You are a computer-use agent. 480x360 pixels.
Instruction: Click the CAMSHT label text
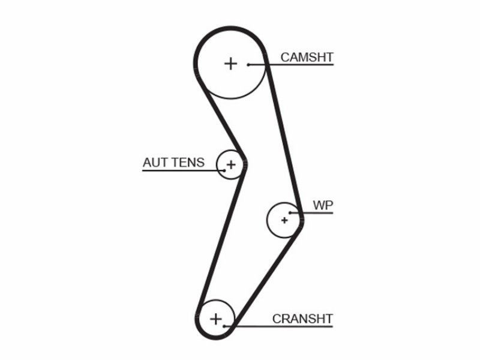[x=307, y=57]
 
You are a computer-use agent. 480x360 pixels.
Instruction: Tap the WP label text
[x=323, y=205]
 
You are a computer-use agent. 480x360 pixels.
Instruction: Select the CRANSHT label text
[x=302, y=319]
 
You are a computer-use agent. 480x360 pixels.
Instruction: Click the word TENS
[x=188, y=163]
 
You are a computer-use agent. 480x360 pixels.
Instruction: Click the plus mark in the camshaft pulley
[x=230, y=64]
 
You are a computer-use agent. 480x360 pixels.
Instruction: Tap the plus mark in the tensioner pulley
[x=231, y=164]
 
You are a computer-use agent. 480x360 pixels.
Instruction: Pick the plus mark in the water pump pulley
[x=284, y=220]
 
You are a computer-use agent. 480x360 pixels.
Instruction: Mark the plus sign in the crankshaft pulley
[x=216, y=319]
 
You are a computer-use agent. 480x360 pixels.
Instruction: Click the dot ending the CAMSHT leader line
[x=249, y=65]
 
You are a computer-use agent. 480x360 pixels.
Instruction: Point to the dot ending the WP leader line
[x=290, y=213]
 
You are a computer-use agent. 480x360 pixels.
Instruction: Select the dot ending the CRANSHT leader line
[x=224, y=326]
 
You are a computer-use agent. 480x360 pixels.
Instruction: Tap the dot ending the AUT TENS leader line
[x=224, y=170]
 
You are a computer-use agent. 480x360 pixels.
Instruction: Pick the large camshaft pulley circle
[x=231, y=98]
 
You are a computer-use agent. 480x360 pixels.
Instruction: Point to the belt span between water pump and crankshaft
[x=267, y=278]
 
